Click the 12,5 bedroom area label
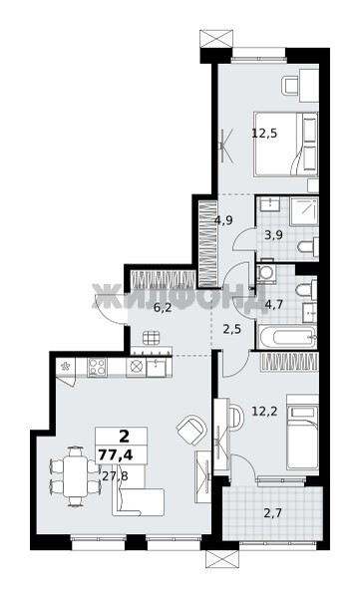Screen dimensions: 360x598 [264, 134]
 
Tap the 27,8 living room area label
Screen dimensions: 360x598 [115, 475]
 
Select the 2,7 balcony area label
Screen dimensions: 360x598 [272, 513]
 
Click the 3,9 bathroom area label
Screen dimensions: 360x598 [273, 235]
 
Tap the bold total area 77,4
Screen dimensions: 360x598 [116, 455]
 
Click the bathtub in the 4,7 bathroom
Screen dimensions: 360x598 [287, 337]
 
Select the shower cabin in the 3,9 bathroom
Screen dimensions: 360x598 [304, 211]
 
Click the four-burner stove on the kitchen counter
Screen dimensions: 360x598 [97, 367]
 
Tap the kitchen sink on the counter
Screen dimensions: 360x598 [157, 367]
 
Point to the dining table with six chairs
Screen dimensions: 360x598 [75, 476]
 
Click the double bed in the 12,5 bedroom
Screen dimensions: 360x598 [286, 144]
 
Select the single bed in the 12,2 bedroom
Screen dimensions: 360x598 [302, 433]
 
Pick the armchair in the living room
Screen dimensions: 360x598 [190, 429]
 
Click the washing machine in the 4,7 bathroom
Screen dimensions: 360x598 [265, 273]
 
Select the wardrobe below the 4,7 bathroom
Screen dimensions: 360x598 [289, 361]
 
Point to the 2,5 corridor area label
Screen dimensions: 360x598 [231, 329]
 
